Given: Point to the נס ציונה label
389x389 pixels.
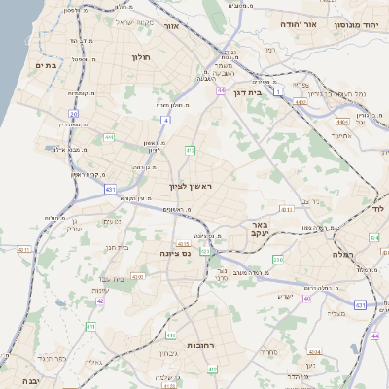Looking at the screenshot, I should (176, 253).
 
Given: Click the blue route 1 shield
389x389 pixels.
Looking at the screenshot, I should (277, 91).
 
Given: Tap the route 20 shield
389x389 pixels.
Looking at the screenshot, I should (73, 115).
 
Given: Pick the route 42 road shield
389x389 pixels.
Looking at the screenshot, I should (100, 301).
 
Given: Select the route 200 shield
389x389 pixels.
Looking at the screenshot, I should (277, 259).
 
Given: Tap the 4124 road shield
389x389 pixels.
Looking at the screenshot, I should (313, 352).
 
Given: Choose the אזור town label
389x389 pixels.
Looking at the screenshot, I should (199, 27).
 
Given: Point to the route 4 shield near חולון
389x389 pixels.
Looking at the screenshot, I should (166, 120).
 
